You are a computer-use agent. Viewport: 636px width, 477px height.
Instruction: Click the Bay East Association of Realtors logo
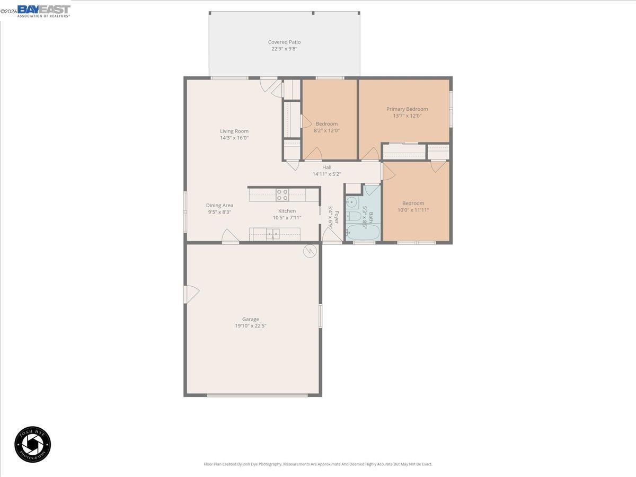click(43, 11)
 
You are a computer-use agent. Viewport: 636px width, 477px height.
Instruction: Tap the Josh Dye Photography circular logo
click(32, 444)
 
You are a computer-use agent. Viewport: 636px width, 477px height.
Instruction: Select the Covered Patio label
click(284, 42)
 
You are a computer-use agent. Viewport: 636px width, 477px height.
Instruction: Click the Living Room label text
click(234, 131)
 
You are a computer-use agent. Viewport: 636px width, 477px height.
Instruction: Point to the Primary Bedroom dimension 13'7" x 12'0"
click(407, 116)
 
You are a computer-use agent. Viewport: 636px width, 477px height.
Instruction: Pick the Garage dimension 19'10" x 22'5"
click(251, 326)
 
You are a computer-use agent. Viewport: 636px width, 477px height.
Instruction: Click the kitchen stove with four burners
click(282, 195)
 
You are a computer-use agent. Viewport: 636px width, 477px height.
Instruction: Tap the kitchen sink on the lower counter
click(273, 233)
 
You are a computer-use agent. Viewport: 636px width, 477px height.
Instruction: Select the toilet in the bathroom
click(354, 216)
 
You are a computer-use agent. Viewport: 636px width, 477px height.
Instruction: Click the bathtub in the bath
click(362, 232)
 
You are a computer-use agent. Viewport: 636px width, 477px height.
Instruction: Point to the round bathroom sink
click(351, 202)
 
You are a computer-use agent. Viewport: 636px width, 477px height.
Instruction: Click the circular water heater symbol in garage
click(310, 251)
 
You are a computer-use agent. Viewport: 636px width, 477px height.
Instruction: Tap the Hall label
click(327, 167)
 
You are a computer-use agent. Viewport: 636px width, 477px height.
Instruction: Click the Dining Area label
click(219, 206)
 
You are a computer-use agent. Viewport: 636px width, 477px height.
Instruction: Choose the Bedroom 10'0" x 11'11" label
click(413, 204)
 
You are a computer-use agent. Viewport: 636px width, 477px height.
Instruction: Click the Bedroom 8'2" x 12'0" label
click(326, 124)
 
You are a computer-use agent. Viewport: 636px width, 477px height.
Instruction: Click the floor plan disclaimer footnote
click(318, 464)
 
